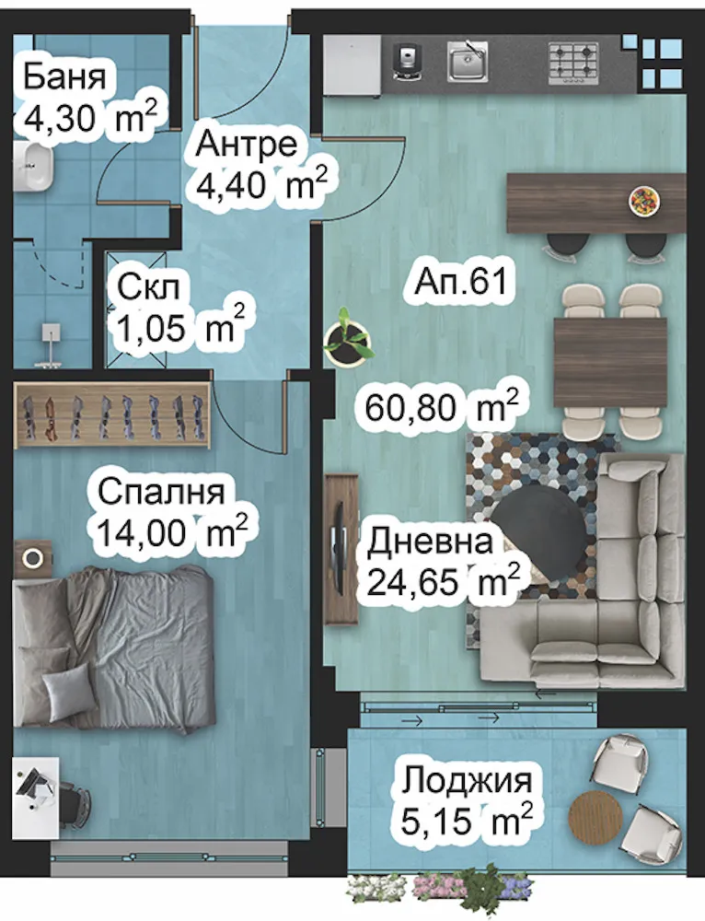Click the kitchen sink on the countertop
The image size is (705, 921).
pyautogui.click(x=468, y=62)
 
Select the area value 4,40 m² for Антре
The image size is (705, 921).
pyautogui.click(x=261, y=185)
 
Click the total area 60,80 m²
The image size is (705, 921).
pyautogui.click(x=440, y=406)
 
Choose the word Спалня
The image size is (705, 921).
pyautogui.click(x=160, y=490)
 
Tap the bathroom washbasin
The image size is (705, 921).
pyautogui.click(x=35, y=168)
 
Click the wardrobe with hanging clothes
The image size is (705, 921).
pyautogui.click(x=112, y=414)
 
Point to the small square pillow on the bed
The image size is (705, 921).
pyautogui.click(x=68, y=689)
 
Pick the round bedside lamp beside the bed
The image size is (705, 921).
pyautogui.click(x=35, y=557)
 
